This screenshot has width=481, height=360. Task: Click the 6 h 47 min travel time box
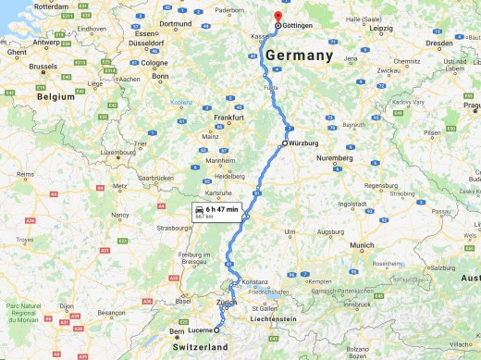point(216,212)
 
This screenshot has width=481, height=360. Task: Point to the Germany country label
point(299,56)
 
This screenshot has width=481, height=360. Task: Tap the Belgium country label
point(55,96)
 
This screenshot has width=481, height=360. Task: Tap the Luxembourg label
point(117,152)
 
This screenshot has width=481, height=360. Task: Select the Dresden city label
point(439,43)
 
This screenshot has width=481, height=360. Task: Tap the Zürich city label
point(228,303)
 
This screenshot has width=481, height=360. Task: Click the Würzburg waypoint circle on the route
point(286,143)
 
